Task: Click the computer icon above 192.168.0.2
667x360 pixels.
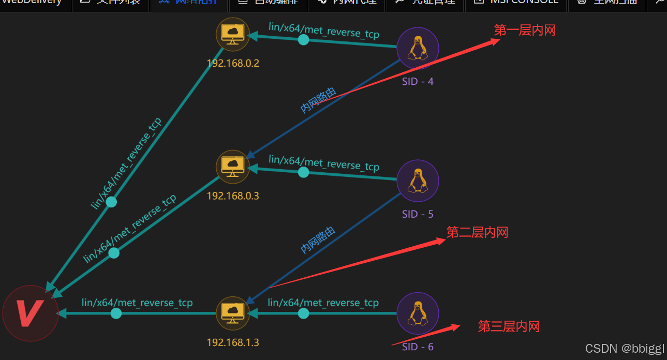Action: tap(233, 34)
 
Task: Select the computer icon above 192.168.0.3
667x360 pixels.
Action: tap(233, 167)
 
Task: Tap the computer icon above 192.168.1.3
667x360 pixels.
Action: tap(233, 313)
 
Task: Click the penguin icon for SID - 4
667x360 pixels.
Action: tap(418, 48)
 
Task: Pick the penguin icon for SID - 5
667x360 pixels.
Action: tap(418, 181)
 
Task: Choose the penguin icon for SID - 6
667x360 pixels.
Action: tap(418, 313)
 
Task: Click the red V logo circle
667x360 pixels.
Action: tap(30, 313)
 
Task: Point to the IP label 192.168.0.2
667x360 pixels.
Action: tap(233, 64)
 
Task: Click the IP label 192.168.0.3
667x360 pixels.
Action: tap(233, 196)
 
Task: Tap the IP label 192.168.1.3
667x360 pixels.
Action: tap(233, 342)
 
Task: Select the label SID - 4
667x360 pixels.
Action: tap(418, 81)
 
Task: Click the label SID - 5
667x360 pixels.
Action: tap(418, 214)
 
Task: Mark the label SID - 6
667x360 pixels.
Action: tap(418, 347)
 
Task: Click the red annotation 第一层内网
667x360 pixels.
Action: tap(525, 31)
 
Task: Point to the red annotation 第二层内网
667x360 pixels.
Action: tap(477, 233)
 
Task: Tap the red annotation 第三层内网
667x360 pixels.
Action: tap(509, 326)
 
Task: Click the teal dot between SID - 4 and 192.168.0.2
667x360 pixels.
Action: tap(304, 40)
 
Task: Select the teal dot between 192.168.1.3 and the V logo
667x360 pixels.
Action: tap(116, 313)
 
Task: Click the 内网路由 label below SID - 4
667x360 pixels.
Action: tap(318, 100)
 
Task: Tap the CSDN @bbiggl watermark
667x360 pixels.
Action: tap(625, 349)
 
